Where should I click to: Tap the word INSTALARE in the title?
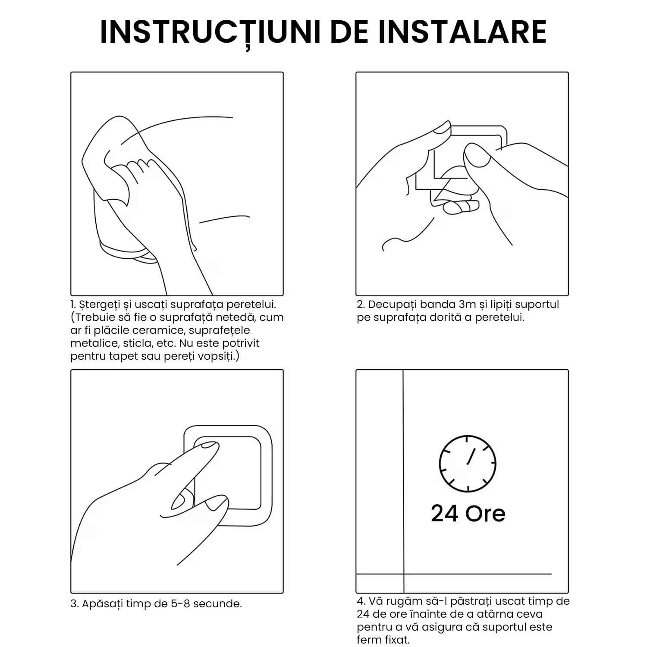[x=462, y=31]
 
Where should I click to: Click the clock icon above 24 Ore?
[x=468, y=464]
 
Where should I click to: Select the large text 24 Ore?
[x=468, y=513]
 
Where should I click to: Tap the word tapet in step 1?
[x=120, y=357]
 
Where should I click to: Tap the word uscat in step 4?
[x=508, y=601]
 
